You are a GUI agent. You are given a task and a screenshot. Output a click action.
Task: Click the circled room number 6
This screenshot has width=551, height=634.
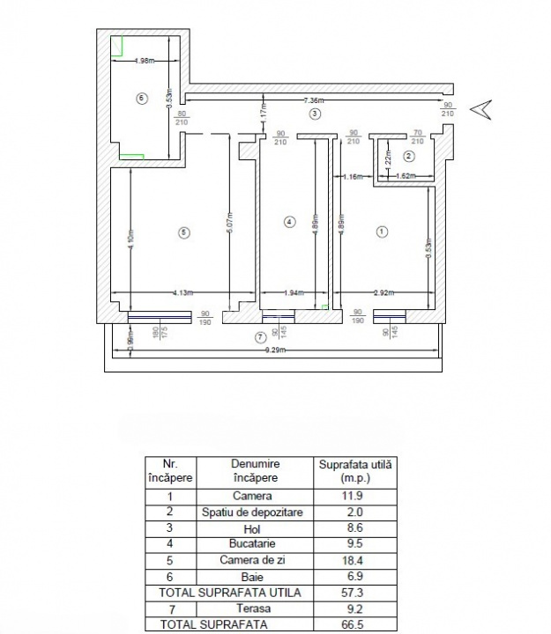[141, 98]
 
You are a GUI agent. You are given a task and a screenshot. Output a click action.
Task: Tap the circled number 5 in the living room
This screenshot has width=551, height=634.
[182, 232]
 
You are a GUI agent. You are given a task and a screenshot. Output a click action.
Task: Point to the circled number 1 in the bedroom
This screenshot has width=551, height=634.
[382, 232]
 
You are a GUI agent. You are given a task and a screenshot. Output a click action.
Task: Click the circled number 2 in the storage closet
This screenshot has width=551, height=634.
[408, 156]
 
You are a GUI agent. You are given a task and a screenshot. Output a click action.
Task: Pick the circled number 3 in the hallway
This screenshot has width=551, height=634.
[315, 114]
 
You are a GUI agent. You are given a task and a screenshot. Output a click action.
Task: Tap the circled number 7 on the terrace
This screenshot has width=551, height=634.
[259, 337]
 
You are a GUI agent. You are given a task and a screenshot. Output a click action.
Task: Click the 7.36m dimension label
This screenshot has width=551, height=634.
[315, 100]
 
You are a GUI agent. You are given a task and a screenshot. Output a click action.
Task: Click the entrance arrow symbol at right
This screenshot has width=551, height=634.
[482, 109]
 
